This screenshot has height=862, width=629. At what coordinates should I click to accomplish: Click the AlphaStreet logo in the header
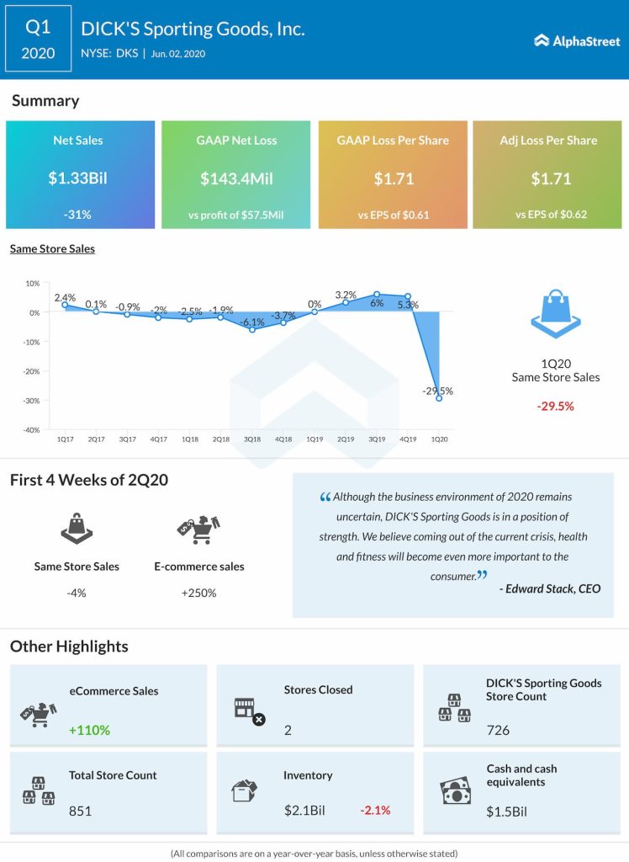[576, 40]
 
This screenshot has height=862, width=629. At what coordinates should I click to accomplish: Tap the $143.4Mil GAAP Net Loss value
[235, 178]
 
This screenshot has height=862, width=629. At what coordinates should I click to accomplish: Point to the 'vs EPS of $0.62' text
[551, 214]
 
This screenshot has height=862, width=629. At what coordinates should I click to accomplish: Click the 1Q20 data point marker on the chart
[439, 397]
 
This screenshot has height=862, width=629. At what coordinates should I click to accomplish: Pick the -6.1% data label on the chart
[251, 322]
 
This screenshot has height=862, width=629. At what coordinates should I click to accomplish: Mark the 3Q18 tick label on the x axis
[252, 439]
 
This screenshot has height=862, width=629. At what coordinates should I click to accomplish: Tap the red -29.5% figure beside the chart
[555, 406]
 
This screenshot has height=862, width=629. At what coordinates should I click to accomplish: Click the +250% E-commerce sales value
[198, 593]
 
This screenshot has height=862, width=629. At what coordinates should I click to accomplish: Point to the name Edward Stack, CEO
[550, 588]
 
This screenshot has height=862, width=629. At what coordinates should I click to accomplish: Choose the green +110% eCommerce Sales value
[90, 730]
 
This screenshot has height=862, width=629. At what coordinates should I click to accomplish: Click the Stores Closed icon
[248, 711]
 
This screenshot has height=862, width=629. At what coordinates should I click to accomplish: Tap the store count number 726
[498, 730]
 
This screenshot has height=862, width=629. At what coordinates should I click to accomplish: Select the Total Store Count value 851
[80, 811]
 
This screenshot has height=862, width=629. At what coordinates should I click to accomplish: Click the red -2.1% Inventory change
[375, 811]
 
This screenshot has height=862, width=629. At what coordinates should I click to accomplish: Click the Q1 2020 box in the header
[39, 40]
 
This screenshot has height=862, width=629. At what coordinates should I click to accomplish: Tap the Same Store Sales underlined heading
[52, 248]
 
